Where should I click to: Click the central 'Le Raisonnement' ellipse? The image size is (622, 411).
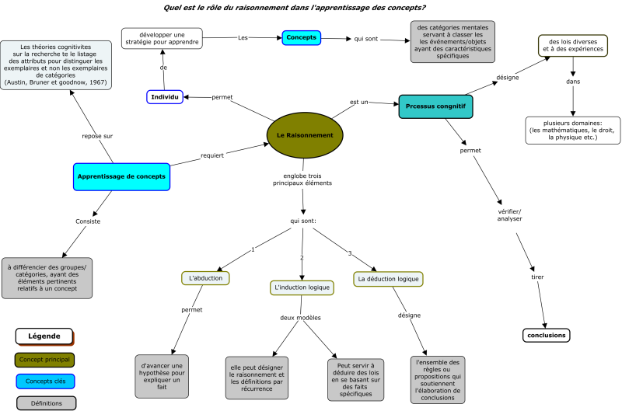pyautogui.click(x=305, y=135)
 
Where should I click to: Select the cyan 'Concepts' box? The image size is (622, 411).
pyautogui.click(x=301, y=37)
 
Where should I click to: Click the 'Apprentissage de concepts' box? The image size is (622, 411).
pyautogui.click(x=121, y=176)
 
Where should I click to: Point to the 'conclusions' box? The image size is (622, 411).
pyautogui.click(x=547, y=336)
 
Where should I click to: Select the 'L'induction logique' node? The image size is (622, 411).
pyautogui.click(x=302, y=287)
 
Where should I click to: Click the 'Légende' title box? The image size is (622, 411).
pyautogui.click(x=44, y=336)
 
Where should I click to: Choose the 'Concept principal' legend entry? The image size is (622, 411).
pyautogui.click(x=44, y=359)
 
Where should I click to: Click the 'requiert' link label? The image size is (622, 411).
pyautogui.click(x=212, y=155)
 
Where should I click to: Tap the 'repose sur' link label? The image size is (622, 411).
pyautogui.click(x=97, y=137)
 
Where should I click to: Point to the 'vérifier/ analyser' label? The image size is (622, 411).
pyautogui.click(x=510, y=214)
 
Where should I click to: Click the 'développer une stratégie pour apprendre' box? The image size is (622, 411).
pyautogui.click(x=162, y=38)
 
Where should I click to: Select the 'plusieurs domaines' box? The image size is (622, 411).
pyautogui.click(x=572, y=130)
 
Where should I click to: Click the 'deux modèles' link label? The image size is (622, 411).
pyautogui.click(x=301, y=318)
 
